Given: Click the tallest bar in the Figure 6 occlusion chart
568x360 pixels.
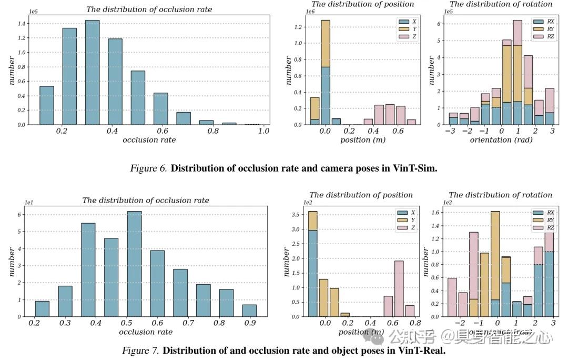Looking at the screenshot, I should click(92, 73).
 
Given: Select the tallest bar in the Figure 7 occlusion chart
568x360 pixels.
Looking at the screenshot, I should click(134, 264).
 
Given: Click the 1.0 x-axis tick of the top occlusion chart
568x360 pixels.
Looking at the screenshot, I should click(263, 132).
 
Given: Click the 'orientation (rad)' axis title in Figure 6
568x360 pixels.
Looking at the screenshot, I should click(500, 140).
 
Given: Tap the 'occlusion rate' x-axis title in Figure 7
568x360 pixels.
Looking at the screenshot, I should click(145, 332).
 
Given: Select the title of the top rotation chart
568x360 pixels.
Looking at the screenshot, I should click(501, 4).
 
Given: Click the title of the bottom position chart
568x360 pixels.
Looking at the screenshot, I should click(361, 195).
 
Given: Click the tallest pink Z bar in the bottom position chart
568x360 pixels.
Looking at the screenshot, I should click(399, 288).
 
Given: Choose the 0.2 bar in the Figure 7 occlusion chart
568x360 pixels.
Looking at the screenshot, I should click(42, 308).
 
